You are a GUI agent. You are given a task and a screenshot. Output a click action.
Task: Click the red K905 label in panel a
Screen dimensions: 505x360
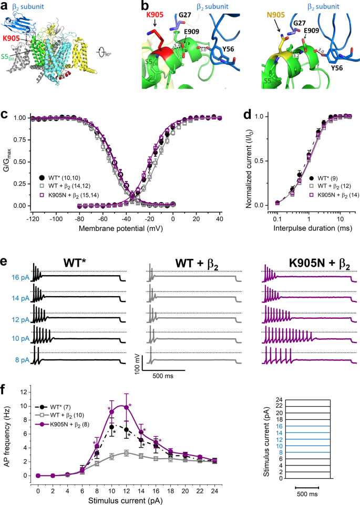tap(13, 38)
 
